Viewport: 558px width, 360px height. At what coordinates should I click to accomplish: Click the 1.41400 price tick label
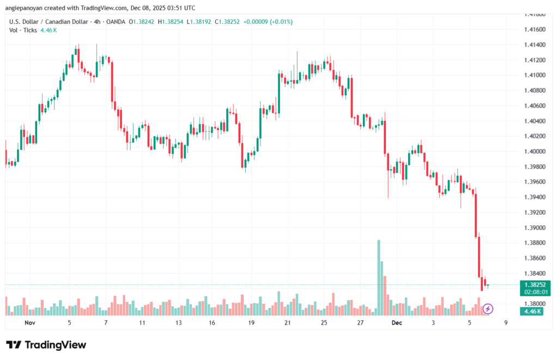click(x=537, y=45)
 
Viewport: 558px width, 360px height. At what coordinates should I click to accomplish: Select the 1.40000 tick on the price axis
click(x=537, y=151)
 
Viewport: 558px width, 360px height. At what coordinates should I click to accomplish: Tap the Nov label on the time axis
click(x=30, y=323)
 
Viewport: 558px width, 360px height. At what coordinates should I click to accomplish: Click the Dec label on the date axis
click(x=397, y=323)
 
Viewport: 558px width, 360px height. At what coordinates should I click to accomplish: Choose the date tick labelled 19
click(x=252, y=323)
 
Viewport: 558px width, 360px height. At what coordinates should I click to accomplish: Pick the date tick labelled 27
click(x=361, y=323)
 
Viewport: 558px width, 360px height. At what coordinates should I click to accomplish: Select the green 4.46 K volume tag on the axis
click(x=531, y=311)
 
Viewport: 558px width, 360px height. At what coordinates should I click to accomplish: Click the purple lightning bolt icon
click(x=488, y=309)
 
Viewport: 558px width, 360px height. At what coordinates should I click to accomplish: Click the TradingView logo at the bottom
click(x=46, y=345)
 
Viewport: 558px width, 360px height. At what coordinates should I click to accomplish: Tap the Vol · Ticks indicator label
click(x=22, y=30)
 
